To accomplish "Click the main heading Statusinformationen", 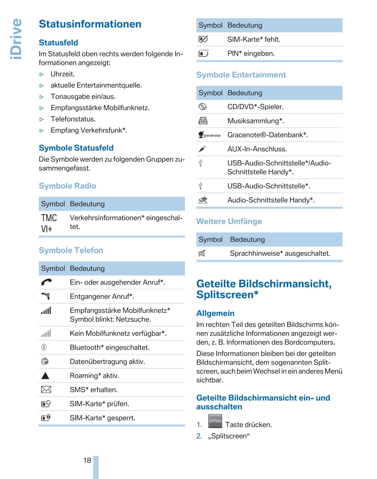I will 90,24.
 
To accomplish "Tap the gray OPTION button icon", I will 215,421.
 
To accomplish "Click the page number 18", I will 87,460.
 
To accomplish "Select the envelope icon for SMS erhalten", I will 46,390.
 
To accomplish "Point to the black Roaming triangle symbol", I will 45,376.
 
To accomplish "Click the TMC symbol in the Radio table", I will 49,218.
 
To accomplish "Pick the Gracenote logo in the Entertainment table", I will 209,135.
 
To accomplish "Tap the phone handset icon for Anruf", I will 46,282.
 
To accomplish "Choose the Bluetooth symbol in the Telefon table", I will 44,347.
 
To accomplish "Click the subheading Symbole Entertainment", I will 241,75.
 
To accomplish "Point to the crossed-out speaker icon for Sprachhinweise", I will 202,253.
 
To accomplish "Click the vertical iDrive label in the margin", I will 16,39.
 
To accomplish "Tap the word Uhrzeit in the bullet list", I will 62,74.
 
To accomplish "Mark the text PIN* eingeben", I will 251,54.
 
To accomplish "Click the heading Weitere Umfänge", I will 229,221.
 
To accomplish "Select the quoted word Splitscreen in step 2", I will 229,436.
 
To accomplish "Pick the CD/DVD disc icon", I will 202,107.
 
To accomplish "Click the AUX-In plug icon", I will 202,149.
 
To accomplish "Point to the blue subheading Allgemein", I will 215,313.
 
